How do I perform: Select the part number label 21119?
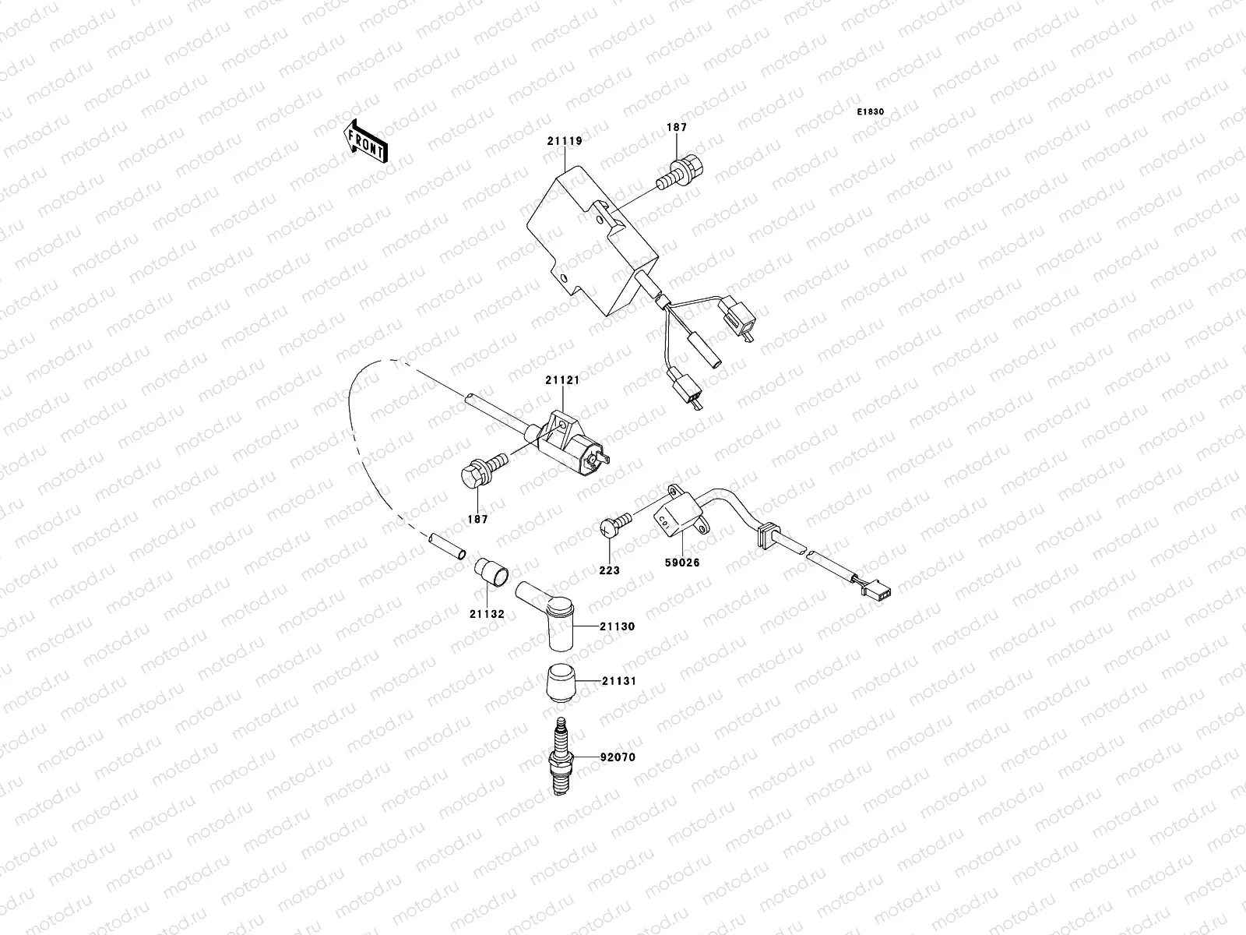565,141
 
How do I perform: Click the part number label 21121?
561,380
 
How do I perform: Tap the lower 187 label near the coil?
478,519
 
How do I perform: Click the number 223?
609,570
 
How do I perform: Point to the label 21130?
618,626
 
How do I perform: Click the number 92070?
618,757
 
